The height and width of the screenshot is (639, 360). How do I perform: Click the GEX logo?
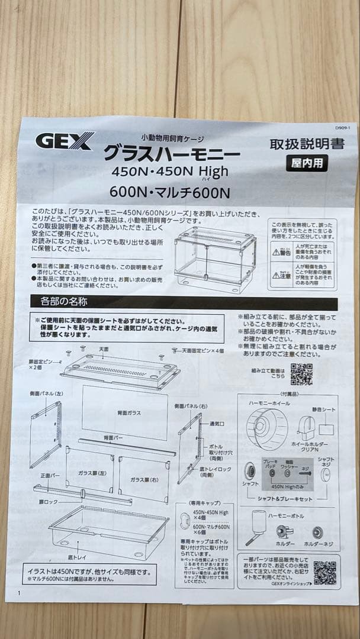coord(65,141)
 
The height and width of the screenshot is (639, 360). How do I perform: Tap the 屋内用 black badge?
coord(306,163)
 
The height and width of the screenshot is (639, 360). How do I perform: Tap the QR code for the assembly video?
coord(301,374)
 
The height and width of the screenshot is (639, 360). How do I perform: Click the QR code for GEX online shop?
coord(324,573)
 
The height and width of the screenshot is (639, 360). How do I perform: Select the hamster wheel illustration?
coord(266,430)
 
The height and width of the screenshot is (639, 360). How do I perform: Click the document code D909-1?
coord(343,128)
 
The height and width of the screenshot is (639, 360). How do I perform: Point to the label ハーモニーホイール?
coord(269,402)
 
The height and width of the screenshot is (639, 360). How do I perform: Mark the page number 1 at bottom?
coord(20,593)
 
